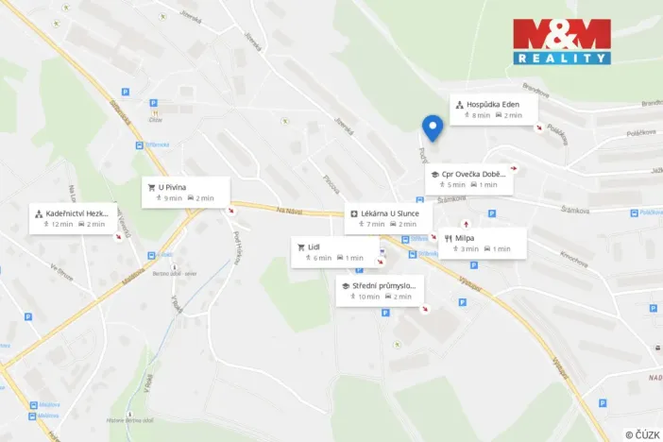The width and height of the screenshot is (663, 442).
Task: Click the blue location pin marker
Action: click(433, 127)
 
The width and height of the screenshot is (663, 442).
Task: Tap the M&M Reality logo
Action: click(561, 42)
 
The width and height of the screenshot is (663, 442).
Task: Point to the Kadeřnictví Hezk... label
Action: click(78, 213)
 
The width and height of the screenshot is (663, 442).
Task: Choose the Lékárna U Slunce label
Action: click(390, 213)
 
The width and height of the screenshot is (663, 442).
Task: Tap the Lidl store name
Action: click(314, 246)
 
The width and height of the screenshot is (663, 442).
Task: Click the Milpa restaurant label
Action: click(465, 238)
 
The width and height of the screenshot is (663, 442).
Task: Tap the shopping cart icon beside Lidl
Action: click(300, 246)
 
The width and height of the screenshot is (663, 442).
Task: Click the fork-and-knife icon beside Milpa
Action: click(448, 238)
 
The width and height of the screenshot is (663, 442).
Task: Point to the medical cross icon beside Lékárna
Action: click(351, 213)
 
